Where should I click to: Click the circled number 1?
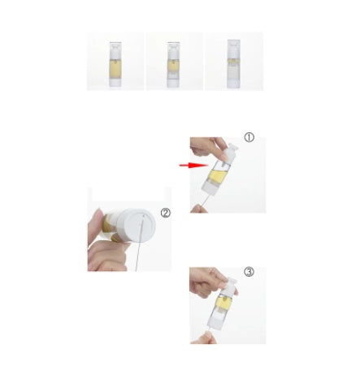pyautogui.click(x=249, y=138)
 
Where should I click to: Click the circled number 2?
pyautogui.click(x=166, y=214)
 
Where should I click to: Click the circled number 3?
pyautogui.click(x=249, y=272)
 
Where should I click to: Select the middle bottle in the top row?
pyautogui.click(x=173, y=62)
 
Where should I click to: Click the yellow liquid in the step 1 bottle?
pyautogui.click(x=216, y=175)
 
